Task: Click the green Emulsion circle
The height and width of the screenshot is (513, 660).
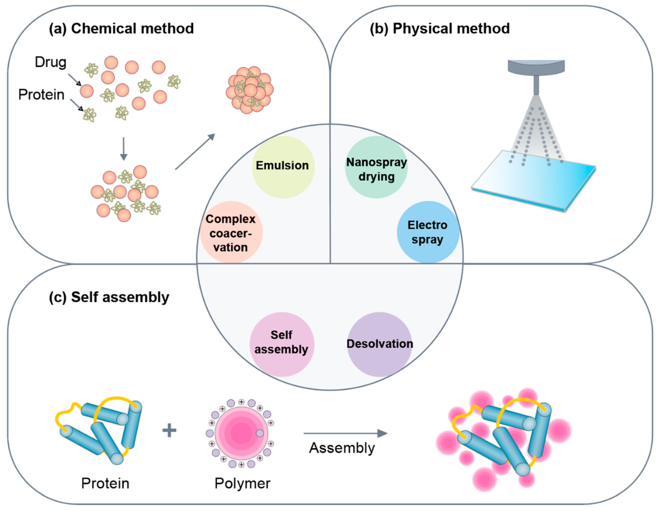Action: [283, 167]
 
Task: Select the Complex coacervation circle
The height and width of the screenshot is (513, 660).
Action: [231, 232]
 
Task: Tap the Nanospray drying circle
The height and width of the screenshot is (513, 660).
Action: [376, 167]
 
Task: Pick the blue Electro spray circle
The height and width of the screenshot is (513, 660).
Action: [428, 232]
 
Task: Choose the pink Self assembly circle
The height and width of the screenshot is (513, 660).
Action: [282, 344]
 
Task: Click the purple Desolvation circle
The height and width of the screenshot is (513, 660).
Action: [380, 344]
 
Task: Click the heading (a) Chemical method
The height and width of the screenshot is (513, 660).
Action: [121, 29]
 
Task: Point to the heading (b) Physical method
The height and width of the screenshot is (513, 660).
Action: [440, 29]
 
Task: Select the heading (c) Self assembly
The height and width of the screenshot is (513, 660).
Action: [109, 297]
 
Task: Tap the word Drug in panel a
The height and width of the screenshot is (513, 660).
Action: [51, 62]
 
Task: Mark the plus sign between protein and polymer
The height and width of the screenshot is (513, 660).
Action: [169, 430]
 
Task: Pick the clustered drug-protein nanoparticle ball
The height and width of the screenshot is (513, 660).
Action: [250, 90]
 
